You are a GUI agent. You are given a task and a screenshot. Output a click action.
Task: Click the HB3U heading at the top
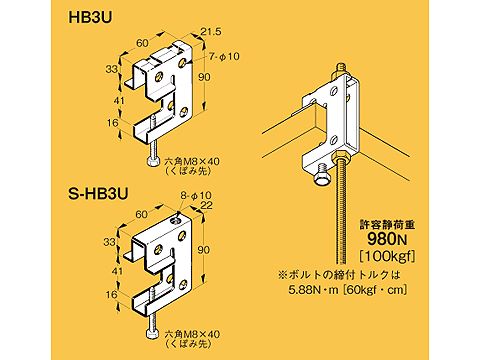88,17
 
